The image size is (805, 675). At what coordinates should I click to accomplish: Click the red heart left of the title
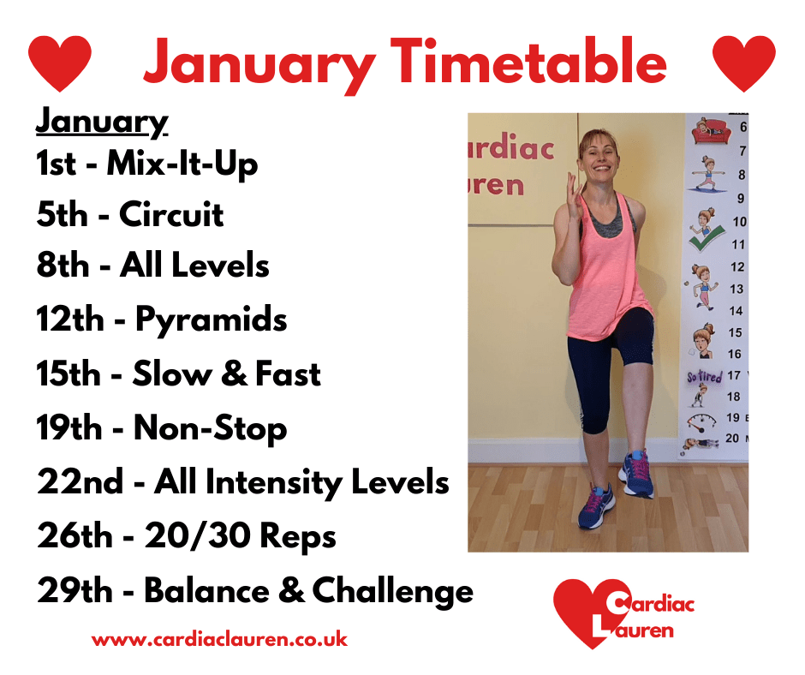click(60, 63)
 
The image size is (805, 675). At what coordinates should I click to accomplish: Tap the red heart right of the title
click(744, 63)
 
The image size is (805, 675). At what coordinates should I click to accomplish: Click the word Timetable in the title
click(528, 62)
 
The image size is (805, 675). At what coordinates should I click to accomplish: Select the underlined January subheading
click(102, 122)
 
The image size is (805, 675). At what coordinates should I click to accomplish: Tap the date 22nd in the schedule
click(80, 481)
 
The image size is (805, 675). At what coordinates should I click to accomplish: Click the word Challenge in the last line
click(393, 592)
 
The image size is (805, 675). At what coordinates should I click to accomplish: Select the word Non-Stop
click(210, 428)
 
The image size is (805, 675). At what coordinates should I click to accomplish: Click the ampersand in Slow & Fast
click(236, 373)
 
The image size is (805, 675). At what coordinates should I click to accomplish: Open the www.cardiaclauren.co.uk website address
click(220, 640)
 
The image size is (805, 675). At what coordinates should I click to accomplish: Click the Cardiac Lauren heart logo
click(623, 612)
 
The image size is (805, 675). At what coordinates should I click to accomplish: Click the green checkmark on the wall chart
click(706, 239)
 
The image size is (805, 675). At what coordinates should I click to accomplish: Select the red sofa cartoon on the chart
click(711, 132)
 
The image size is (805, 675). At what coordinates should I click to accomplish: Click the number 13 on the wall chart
click(736, 290)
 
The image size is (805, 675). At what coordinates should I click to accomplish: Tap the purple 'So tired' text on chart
click(705, 377)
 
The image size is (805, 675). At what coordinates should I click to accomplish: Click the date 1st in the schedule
click(57, 164)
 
